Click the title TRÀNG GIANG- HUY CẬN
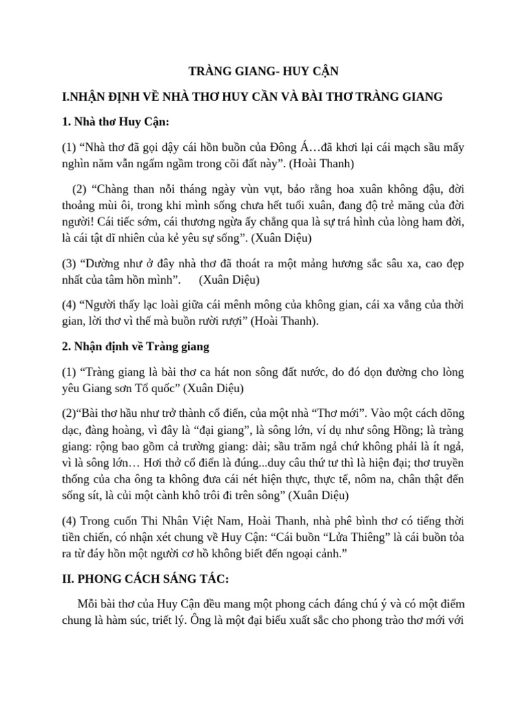263,71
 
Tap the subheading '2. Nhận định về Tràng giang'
135,347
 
